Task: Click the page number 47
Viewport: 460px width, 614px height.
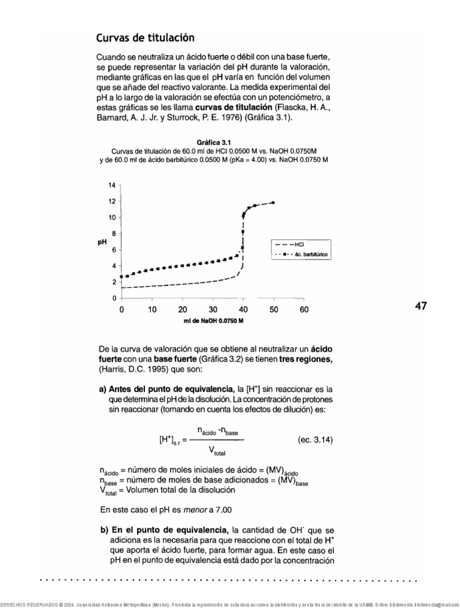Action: (x=421, y=306)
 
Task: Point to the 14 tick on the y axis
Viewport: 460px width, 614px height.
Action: (x=112, y=186)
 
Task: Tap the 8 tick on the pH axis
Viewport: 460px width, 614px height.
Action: (x=114, y=234)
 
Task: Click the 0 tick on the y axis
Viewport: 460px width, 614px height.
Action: (x=114, y=298)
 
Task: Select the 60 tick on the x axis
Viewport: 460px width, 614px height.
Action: (x=304, y=309)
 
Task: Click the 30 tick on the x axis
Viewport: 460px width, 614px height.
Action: (x=213, y=309)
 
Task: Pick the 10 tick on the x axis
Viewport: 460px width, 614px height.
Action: (x=152, y=309)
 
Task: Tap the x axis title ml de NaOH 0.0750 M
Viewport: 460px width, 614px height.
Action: (x=213, y=321)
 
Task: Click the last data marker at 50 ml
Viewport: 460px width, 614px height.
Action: (x=273, y=203)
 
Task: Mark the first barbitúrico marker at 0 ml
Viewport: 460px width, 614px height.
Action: (x=122, y=276)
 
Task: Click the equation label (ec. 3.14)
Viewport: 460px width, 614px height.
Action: (x=315, y=440)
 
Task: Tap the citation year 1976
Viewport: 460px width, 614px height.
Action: (x=231, y=118)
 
